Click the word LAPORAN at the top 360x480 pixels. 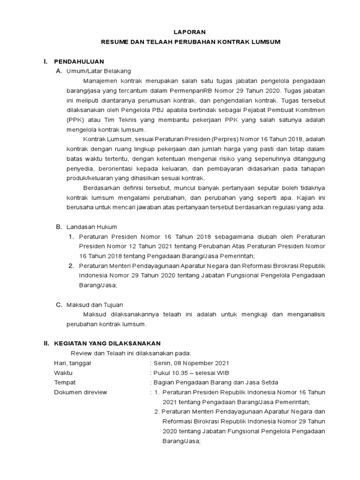(190, 32)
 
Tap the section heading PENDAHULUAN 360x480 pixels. (79, 61)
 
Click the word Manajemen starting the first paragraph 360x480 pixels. (102, 81)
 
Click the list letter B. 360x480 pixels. (59, 227)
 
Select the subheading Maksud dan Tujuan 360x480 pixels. (95, 305)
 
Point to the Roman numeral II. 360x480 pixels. (46, 344)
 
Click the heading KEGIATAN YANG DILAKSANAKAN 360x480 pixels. (107, 344)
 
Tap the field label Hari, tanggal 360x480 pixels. (72, 363)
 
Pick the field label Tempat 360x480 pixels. (65, 382)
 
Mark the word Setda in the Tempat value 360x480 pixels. (270, 382)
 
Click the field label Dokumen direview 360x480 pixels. (81, 392)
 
